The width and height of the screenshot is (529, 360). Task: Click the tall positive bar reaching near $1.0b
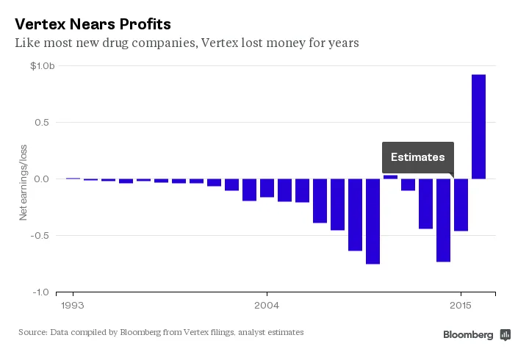(478, 126)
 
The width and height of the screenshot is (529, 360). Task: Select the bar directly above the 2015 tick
(461, 204)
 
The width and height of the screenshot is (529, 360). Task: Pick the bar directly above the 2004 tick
(267, 188)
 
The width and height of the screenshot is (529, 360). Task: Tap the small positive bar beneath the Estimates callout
(390, 177)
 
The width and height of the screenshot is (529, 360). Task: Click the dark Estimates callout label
(417, 157)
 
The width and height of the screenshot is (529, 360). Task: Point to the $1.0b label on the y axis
(43, 66)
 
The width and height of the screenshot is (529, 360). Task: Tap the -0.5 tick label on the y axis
(46, 236)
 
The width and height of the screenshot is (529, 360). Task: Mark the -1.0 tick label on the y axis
(46, 292)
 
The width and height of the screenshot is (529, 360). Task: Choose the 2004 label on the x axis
(266, 304)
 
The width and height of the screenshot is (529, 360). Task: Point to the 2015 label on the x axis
(461, 304)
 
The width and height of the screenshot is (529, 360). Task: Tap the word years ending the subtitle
(341, 43)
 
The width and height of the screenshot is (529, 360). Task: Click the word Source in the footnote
(32, 333)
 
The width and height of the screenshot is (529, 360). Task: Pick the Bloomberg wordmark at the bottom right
(468, 334)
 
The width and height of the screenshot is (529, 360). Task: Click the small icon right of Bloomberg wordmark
(505, 334)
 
